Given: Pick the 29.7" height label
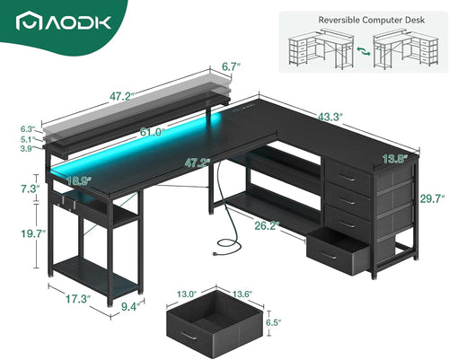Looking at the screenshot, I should point(432,199).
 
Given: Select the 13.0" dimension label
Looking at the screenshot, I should point(187,292).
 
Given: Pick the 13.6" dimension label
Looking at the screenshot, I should point(242,292).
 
